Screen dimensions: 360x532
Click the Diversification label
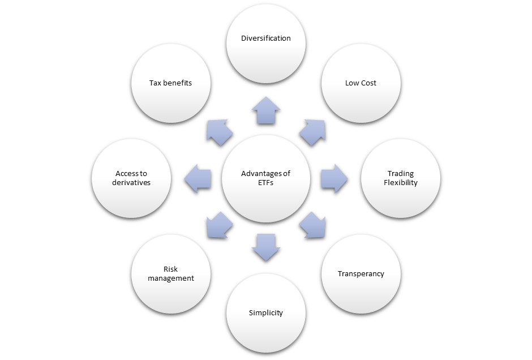[x=265, y=38]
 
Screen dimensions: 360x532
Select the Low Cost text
[x=361, y=83]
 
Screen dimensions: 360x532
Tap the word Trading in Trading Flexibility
[x=400, y=174]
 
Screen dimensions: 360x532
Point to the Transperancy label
[x=361, y=274]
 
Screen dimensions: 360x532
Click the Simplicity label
[x=265, y=313]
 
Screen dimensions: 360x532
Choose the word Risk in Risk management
[x=170, y=269]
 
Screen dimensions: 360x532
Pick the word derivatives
[x=131, y=183]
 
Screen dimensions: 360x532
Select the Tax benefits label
[x=170, y=83]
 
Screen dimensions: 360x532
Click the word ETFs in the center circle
[x=265, y=183]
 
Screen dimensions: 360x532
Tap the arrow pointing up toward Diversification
[x=266, y=111]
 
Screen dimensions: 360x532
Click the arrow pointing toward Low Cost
[x=311, y=133]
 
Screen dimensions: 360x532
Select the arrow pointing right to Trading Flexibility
[x=334, y=178]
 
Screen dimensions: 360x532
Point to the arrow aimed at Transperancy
[x=311, y=224]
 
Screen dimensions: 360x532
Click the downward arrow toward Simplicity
[x=266, y=247]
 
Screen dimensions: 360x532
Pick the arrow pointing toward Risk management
[x=220, y=224]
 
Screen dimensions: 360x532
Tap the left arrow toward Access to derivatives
[x=198, y=178]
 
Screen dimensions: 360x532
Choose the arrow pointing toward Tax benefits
[x=220, y=133]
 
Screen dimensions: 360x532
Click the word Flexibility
[x=400, y=183]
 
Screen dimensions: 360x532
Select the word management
[x=170, y=278]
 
